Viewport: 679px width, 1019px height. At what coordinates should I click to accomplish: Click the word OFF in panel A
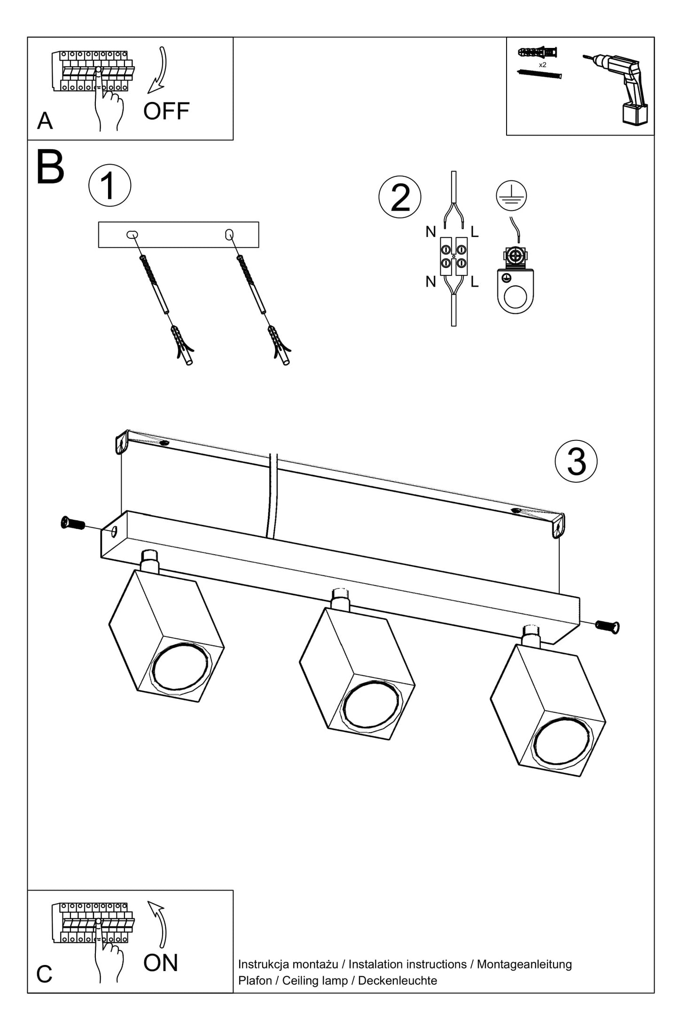tap(166, 111)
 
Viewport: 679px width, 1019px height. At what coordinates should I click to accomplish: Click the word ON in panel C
tap(161, 963)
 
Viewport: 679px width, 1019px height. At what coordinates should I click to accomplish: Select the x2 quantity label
tap(542, 65)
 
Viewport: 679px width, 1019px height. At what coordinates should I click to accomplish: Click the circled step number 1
tap(109, 185)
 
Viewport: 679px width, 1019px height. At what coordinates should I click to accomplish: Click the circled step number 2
tap(400, 197)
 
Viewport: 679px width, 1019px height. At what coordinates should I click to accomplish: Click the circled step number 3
tap(576, 461)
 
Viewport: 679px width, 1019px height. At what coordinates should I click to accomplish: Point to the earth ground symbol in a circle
tap(511, 196)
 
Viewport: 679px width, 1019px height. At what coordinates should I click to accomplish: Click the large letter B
tap(50, 167)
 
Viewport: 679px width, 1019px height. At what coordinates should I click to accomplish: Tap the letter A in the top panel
tap(45, 121)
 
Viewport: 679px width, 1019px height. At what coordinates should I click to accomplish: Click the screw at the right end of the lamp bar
tap(608, 626)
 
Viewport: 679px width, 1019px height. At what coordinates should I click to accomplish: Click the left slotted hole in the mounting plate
tap(132, 234)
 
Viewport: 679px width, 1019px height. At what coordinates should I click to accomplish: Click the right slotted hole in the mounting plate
tap(229, 234)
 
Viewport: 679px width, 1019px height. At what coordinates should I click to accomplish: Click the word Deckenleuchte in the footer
tap(398, 980)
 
